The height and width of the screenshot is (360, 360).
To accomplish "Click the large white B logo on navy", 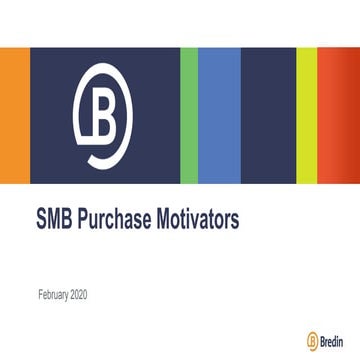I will pyautogui.click(x=104, y=116).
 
